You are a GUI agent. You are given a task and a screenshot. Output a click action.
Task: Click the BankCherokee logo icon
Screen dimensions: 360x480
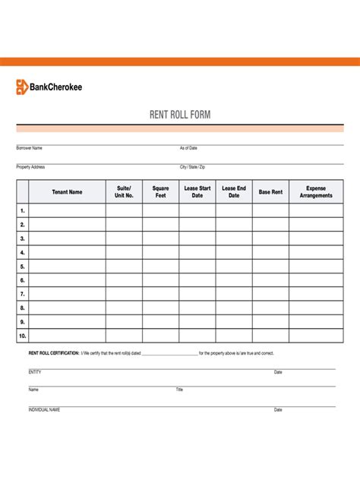click(x=22, y=87)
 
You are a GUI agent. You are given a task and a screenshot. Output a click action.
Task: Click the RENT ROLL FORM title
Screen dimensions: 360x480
click(x=180, y=115)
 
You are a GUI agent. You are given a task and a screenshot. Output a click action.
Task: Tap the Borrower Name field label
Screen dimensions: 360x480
click(x=30, y=148)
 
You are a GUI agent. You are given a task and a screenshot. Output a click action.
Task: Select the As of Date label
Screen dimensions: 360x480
click(x=188, y=148)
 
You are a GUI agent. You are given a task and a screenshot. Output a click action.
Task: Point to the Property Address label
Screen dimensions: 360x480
click(x=30, y=166)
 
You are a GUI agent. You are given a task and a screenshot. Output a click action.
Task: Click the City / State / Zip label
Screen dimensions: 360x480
click(x=192, y=166)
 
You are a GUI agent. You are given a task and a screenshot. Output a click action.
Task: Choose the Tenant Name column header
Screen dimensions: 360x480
click(x=67, y=192)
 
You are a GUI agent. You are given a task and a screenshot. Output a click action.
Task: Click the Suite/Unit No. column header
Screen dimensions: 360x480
click(x=124, y=191)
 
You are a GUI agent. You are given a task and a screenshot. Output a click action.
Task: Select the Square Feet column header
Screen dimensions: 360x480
click(x=160, y=191)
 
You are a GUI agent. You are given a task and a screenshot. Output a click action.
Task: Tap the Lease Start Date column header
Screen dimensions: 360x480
click(x=197, y=191)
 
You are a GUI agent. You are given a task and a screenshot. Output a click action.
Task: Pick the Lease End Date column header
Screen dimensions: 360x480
click(x=234, y=191)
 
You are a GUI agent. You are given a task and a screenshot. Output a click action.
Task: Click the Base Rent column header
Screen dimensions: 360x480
click(x=270, y=192)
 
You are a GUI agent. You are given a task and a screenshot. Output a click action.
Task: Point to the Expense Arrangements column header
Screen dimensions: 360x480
click(x=316, y=191)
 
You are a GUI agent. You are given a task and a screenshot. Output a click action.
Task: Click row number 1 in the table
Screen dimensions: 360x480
click(x=23, y=210)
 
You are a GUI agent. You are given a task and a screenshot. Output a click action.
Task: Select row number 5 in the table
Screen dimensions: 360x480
click(x=23, y=267)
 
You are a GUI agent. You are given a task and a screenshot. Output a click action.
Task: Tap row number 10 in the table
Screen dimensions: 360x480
click(x=23, y=336)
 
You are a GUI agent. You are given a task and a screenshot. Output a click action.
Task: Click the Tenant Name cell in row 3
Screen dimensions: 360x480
click(x=67, y=238)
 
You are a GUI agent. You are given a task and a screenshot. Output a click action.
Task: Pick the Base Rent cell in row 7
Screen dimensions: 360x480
click(x=270, y=294)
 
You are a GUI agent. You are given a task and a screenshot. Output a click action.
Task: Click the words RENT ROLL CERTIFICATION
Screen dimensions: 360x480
click(x=54, y=353)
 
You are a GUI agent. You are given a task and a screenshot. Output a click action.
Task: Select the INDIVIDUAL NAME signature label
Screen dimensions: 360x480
click(x=44, y=409)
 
